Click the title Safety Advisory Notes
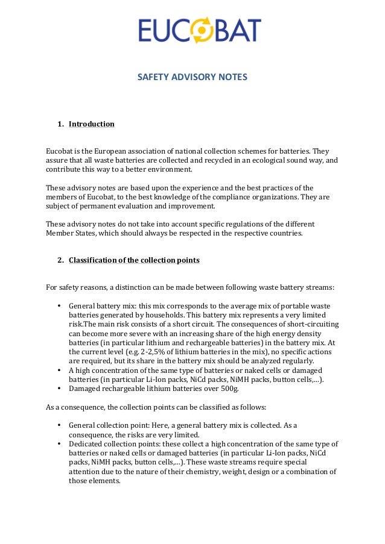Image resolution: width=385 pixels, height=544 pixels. point(192,78)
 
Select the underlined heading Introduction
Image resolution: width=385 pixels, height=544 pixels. point(91,124)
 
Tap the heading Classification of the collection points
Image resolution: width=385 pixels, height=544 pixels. point(134,261)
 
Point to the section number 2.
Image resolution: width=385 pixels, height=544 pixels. point(60,261)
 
